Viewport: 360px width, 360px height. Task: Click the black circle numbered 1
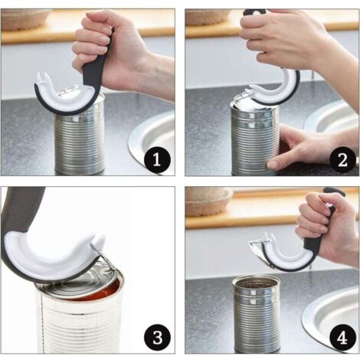coord(157,159)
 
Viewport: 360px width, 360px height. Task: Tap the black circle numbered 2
coord(342,160)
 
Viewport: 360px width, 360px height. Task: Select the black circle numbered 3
coord(158,337)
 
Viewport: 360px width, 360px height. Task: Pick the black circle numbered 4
coord(342,338)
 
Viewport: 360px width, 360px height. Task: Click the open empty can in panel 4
coord(256,314)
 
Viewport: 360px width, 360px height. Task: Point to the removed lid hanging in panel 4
coord(258,251)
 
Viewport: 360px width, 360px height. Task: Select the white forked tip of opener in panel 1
coord(43,77)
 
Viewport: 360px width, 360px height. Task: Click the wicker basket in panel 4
coord(209,201)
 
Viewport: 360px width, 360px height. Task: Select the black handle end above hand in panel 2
coord(255,13)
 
